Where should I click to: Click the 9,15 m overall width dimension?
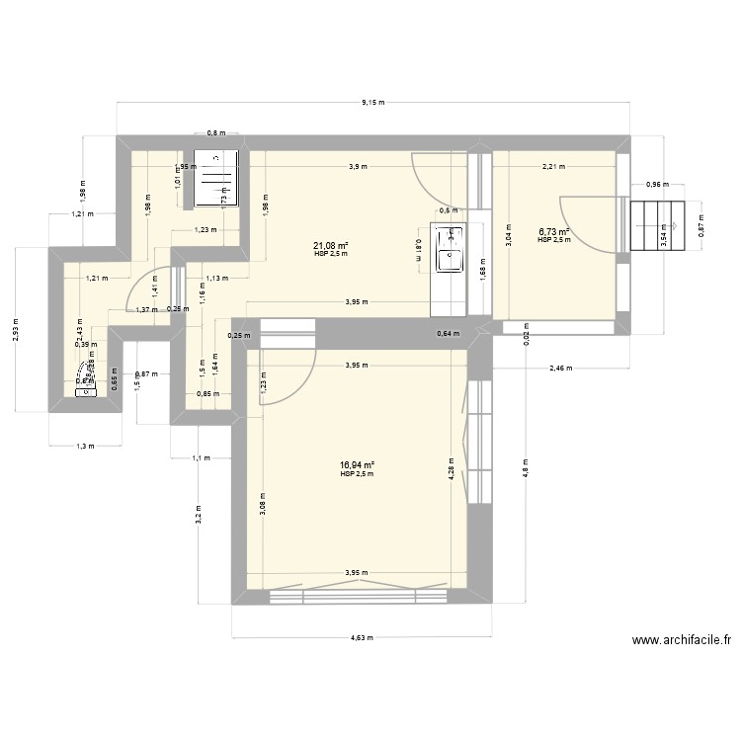click(372, 102)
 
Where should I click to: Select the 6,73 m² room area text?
click(553, 232)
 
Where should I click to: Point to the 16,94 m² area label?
click(357, 465)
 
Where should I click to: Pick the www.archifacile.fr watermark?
click(682, 640)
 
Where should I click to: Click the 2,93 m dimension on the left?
click(17, 342)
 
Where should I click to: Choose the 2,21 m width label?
click(554, 167)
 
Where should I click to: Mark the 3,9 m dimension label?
click(357, 167)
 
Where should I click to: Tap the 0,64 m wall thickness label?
click(448, 334)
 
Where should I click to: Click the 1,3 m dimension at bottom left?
click(86, 446)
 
